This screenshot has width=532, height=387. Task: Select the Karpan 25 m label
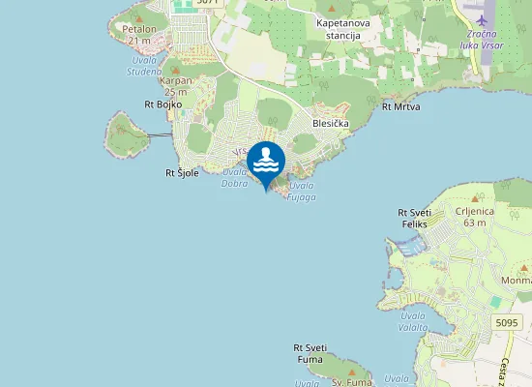coord(175,86)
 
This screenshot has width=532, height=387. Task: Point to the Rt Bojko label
coord(163,104)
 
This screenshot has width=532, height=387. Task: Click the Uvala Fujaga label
coord(302,190)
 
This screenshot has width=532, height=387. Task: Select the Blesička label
coord(331,124)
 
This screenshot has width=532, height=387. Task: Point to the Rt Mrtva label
coord(401,106)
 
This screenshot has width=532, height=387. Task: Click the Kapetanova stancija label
coord(339,28)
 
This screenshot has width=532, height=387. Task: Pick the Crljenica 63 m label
coord(474,217)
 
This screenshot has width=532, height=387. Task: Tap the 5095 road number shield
coord(505,321)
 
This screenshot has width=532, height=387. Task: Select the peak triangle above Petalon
coord(137,18)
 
